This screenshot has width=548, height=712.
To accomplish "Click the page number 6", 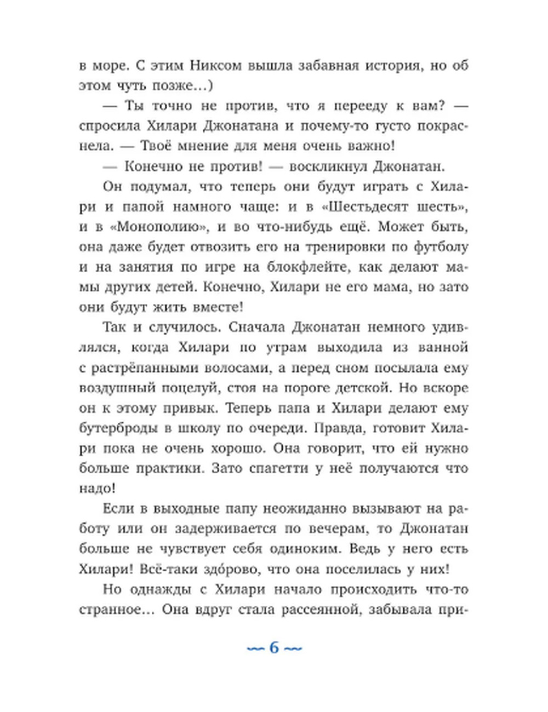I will click(x=274, y=648).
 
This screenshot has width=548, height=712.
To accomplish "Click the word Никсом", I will click(x=216, y=66).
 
